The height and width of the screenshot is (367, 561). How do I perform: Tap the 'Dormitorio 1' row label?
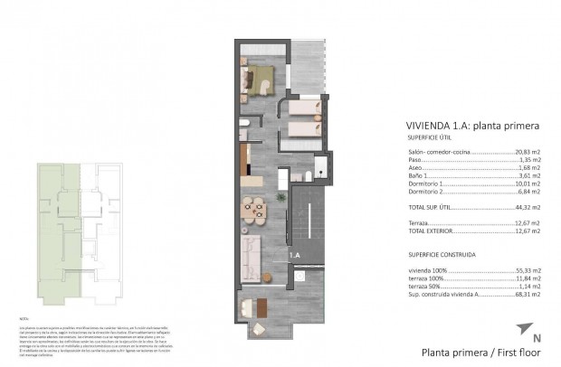pos(426,183)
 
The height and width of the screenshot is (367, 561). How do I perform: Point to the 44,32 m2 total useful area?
pos(528,207)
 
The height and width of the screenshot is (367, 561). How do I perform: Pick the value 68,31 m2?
pos(528,295)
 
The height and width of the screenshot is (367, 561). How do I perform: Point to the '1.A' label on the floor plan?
pos(295,256)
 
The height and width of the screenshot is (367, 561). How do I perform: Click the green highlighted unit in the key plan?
pos(52,235)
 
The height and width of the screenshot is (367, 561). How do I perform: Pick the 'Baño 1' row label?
pos(419,175)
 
